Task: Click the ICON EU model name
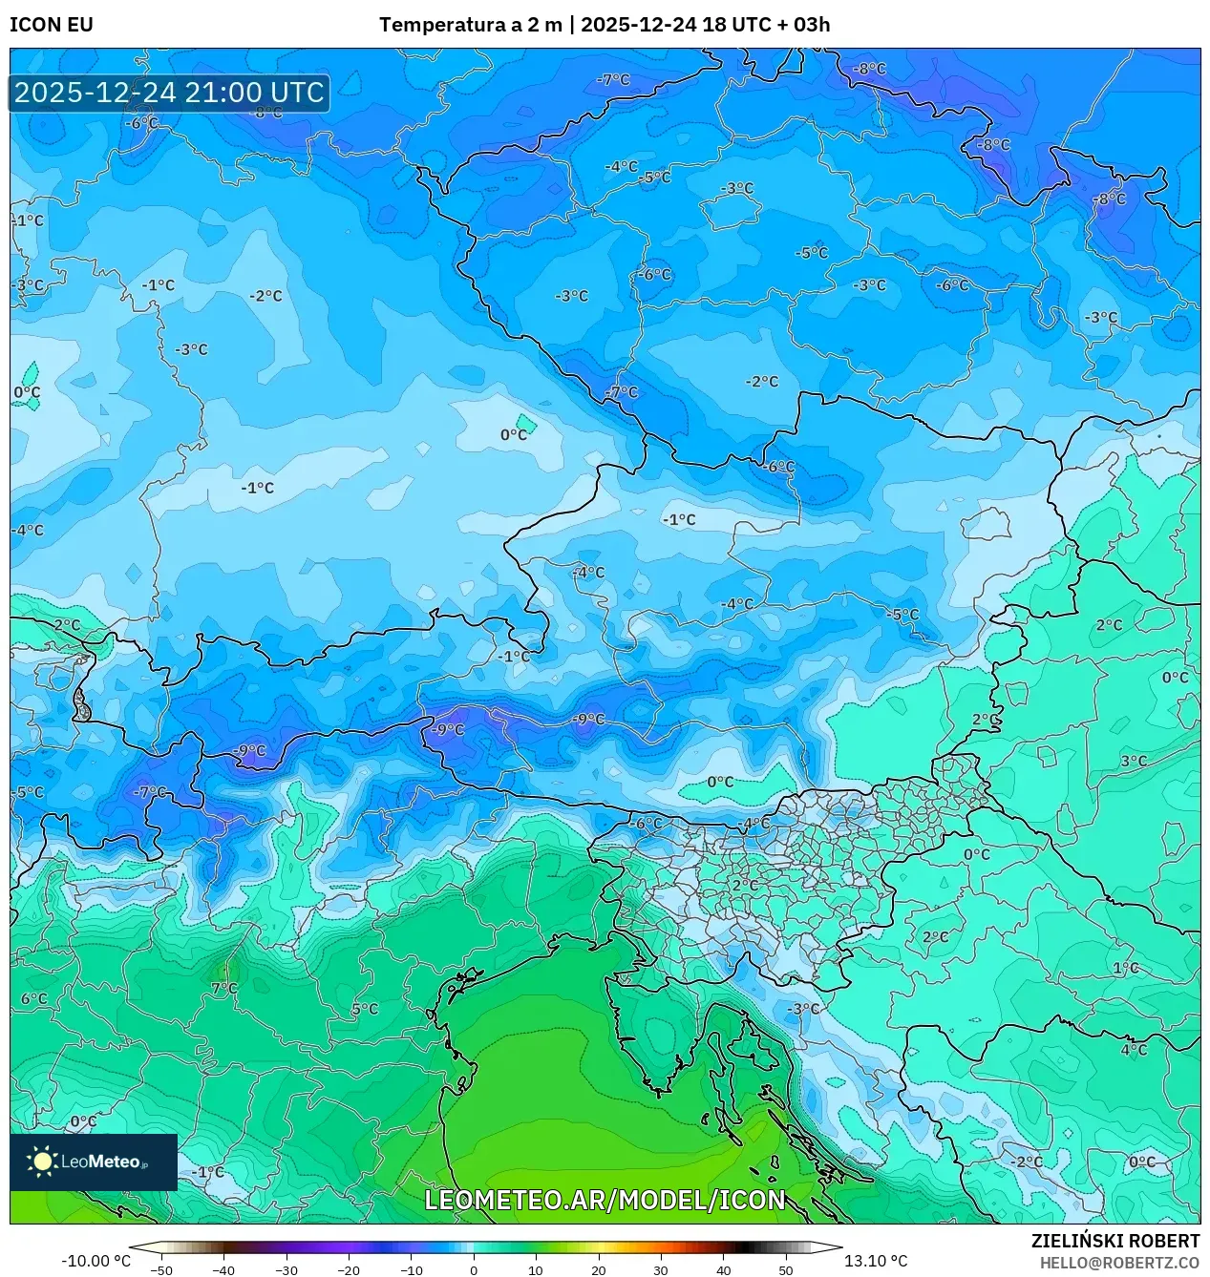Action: [x=52, y=25]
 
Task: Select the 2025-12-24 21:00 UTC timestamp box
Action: [x=169, y=93]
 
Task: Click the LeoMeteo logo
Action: [x=94, y=1162]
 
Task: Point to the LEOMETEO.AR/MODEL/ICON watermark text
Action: [x=605, y=1200]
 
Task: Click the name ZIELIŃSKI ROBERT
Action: [x=1114, y=1241]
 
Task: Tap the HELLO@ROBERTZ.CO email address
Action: [x=1119, y=1263]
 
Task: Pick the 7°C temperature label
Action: [x=224, y=988]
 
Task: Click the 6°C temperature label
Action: [x=33, y=998]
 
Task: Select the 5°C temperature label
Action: [x=365, y=1009]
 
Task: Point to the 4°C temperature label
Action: [x=1134, y=1049]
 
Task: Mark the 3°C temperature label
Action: [x=1134, y=761]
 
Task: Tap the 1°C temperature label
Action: [x=1126, y=968]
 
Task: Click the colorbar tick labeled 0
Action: [x=474, y=1269]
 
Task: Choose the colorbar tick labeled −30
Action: [x=287, y=1269]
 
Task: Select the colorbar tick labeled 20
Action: [x=599, y=1269]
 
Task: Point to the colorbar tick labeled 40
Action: [x=723, y=1269]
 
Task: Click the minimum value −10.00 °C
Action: [x=96, y=1261]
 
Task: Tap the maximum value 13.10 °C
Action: [x=876, y=1261]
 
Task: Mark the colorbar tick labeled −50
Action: [x=161, y=1269]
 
